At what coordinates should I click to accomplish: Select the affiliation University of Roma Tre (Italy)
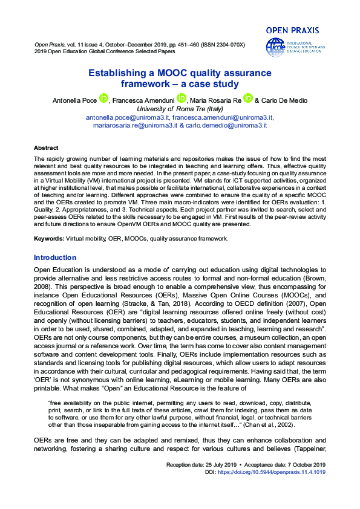click(x=180, y=108)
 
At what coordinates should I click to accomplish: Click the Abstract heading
click(x=46, y=148)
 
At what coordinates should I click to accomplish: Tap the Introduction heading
click(x=55, y=258)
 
